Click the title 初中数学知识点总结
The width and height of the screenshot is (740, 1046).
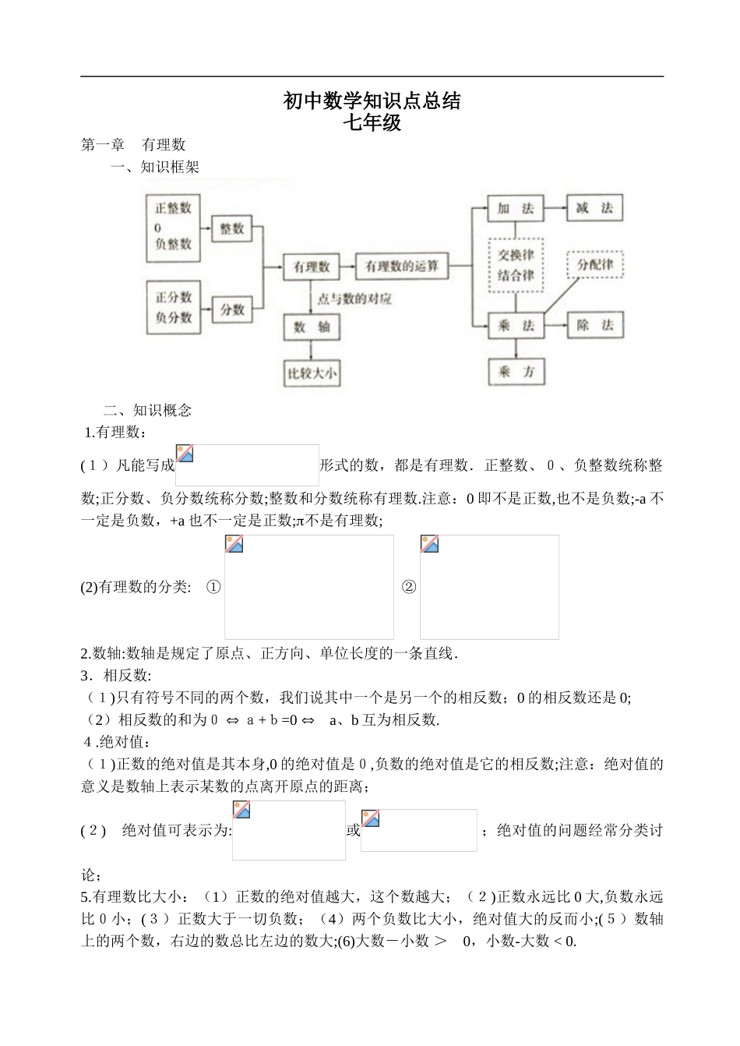point(372,101)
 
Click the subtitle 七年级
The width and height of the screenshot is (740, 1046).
point(372,122)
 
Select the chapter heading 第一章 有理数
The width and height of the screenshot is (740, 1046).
point(133,144)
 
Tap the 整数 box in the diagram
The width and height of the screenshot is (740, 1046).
point(231,228)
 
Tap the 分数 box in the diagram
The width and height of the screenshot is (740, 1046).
point(231,309)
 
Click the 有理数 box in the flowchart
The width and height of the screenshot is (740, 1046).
point(312,267)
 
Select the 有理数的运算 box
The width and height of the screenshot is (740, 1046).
point(402,267)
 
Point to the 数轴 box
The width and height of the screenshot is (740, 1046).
point(312,327)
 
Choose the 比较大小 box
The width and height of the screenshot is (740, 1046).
point(312,373)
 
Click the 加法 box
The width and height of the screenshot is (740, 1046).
point(516,208)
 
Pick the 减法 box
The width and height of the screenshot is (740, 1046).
point(594,208)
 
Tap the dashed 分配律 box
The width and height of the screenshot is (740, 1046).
point(595,265)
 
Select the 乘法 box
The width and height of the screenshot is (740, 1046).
point(516,326)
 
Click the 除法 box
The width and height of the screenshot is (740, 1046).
point(594,326)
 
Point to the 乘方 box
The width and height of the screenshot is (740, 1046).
point(516,372)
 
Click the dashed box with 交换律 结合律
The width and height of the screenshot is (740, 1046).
point(516,265)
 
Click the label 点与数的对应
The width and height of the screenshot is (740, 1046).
point(354,299)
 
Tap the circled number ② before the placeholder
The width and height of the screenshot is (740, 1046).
point(408,587)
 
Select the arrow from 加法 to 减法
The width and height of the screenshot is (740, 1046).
point(555,208)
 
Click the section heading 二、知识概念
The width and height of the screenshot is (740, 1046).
point(148,410)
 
